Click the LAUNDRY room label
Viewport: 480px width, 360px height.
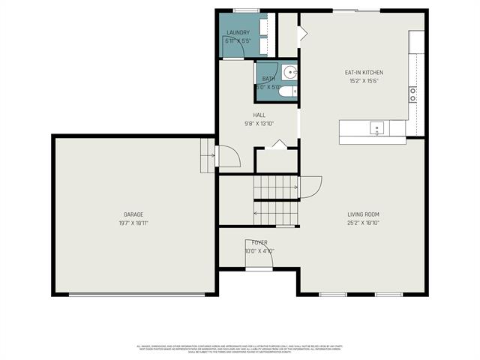pyautogui.click(x=238, y=33)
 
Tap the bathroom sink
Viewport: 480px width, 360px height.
pyautogui.click(x=291, y=73)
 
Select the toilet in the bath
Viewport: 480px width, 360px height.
pyautogui.click(x=293, y=91)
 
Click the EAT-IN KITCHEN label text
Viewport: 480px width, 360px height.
pyautogui.click(x=363, y=73)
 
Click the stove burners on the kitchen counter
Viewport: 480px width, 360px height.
pyautogui.click(x=412, y=94)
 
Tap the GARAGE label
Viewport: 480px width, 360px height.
pyautogui.click(x=133, y=214)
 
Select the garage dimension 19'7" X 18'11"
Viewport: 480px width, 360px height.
pyautogui.click(x=133, y=223)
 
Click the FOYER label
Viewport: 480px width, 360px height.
pyautogui.click(x=259, y=242)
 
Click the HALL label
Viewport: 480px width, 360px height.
pyautogui.click(x=258, y=115)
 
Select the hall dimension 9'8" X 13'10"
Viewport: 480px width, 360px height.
pyautogui.click(x=258, y=123)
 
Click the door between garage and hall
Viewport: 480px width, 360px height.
pyautogui.click(x=228, y=156)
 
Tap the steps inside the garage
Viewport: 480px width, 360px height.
pyautogui.click(x=207, y=155)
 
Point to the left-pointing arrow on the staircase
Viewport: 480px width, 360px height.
pyautogui.click(x=258, y=213)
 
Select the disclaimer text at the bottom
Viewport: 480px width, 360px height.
pyautogui.click(x=240, y=349)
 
